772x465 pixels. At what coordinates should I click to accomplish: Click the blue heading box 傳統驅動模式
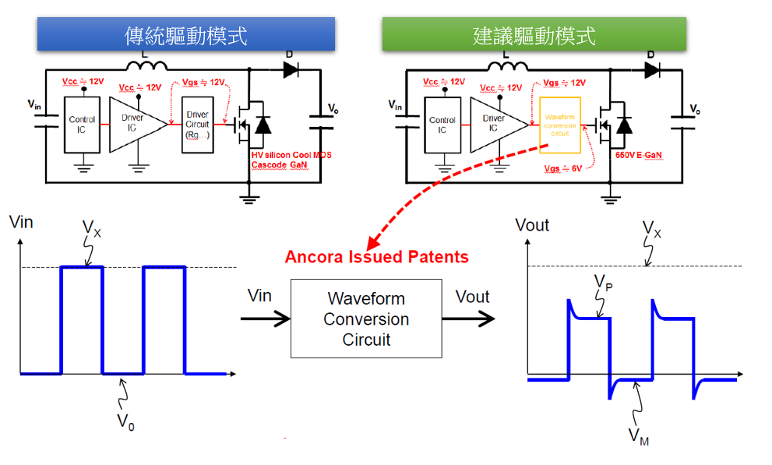click(x=185, y=34)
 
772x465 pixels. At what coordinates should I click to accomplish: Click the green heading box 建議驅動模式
click(x=534, y=34)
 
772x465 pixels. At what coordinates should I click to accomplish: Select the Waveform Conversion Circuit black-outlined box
click(x=366, y=319)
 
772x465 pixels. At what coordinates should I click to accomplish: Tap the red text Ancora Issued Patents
click(x=377, y=257)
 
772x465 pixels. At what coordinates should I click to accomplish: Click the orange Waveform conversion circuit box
click(x=561, y=125)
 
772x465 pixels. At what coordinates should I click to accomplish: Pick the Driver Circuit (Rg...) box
click(x=198, y=125)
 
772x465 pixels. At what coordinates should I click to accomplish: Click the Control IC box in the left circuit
click(x=82, y=125)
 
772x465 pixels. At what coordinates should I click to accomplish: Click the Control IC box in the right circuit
click(x=442, y=125)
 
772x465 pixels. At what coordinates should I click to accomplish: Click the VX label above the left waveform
click(x=92, y=230)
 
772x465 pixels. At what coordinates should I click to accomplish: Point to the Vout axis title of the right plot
click(x=532, y=225)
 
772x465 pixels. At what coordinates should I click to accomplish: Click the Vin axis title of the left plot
click(x=21, y=222)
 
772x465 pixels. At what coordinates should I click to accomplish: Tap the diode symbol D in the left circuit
click(x=290, y=69)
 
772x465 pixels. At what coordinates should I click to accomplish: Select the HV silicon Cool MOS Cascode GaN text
click(x=291, y=160)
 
